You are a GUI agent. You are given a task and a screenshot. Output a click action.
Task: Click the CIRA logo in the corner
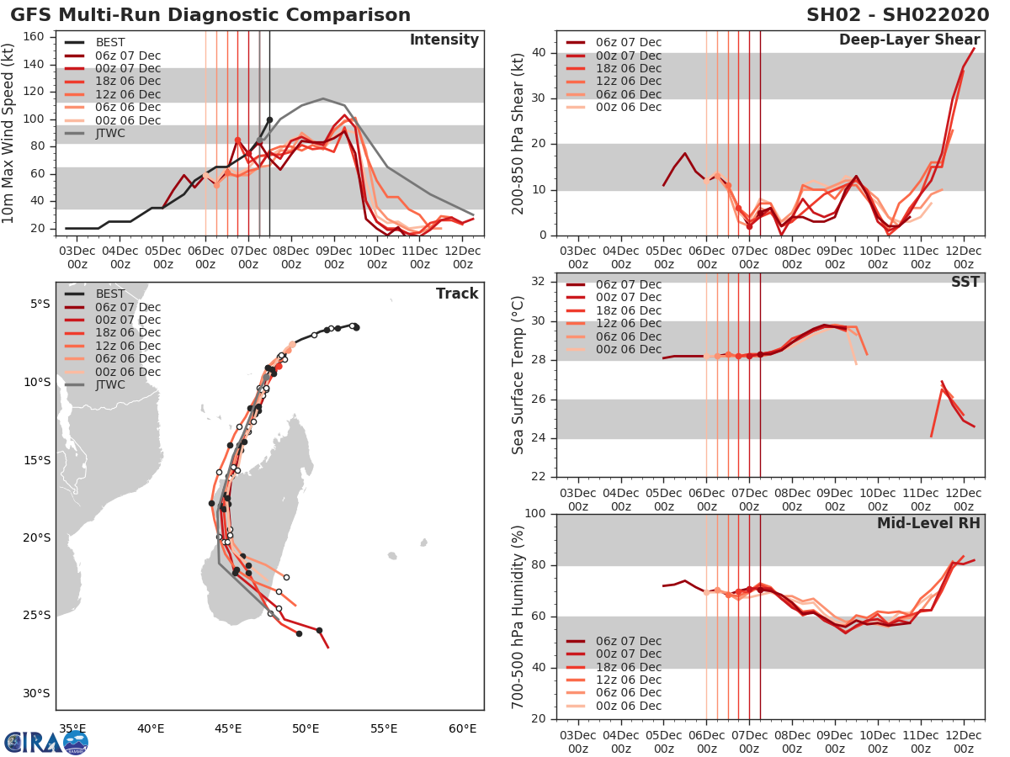(x=46, y=741)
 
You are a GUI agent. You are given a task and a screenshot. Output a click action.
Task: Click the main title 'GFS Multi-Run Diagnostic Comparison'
(x=210, y=15)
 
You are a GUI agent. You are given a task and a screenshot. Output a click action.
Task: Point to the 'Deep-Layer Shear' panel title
(x=909, y=40)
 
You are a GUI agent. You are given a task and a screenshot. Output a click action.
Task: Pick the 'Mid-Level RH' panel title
(x=928, y=523)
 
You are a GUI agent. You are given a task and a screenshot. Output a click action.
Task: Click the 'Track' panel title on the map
(x=457, y=294)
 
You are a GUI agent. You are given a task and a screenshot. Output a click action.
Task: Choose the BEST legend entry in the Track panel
(x=110, y=294)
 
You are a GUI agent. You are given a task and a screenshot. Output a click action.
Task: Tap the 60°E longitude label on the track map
(x=462, y=728)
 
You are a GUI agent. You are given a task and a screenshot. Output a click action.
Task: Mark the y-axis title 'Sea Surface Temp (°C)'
(x=518, y=374)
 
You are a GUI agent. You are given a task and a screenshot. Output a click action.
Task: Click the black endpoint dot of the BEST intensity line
(x=269, y=119)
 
